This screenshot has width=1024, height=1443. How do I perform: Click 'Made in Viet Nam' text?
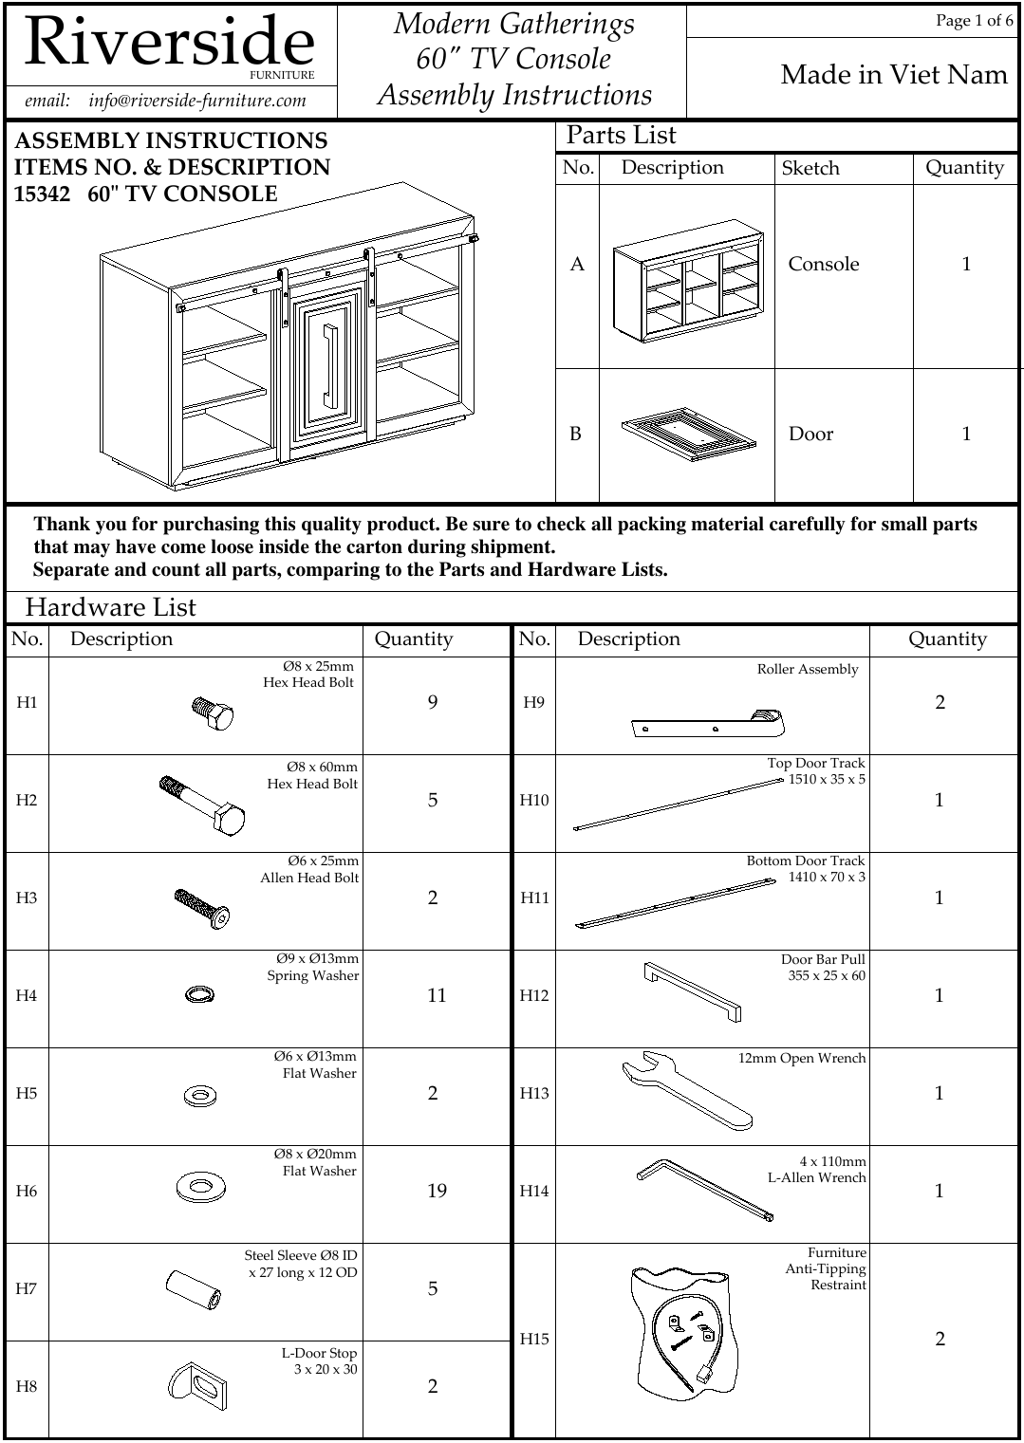[x=893, y=75]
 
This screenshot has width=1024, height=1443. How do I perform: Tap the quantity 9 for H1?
[x=433, y=703]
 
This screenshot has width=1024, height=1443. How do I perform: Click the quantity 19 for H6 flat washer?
[x=437, y=1191]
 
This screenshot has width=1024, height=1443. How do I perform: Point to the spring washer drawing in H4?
[x=199, y=994]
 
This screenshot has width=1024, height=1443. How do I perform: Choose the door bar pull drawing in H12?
[x=693, y=991]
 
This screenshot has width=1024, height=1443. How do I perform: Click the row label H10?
[x=534, y=801]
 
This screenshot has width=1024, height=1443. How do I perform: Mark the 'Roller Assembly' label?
[x=807, y=670]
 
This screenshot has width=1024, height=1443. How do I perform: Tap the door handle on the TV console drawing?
[x=329, y=365]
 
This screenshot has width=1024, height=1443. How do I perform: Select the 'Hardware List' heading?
[x=111, y=607]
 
